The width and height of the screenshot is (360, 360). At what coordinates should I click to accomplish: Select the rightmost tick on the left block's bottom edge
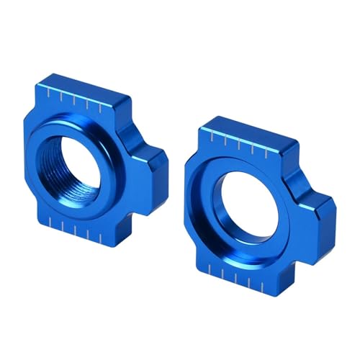(96, 237)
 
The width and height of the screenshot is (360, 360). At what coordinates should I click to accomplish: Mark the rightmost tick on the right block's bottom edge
(269, 276)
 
